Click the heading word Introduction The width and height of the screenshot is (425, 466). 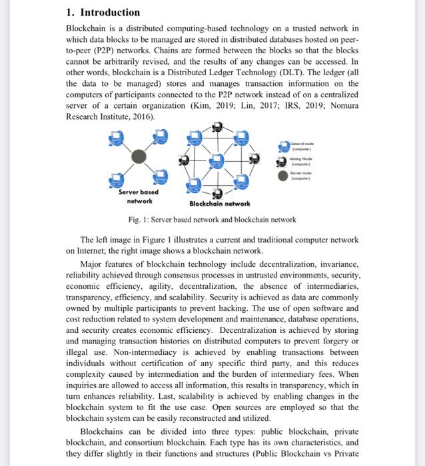pyautogui.click(x=110, y=12)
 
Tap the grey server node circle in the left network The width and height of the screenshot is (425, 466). pyautogui.click(x=138, y=156)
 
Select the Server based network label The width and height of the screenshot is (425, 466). pyautogui.click(x=138, y=196)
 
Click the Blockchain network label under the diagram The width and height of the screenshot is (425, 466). pyautogui.click(x=219, y=204)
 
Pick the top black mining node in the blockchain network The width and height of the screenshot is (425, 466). pyautogui.click(x=217, y=128)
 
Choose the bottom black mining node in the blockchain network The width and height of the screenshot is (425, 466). pyautogui.click(x=217, y=193)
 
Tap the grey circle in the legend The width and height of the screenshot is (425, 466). pyautogui.click(x=283, y=175)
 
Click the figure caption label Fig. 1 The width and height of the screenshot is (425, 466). pyautogui.click(x=139, y=220)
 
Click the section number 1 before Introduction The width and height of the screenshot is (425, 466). pyautogui.click(x=70, y=12)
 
